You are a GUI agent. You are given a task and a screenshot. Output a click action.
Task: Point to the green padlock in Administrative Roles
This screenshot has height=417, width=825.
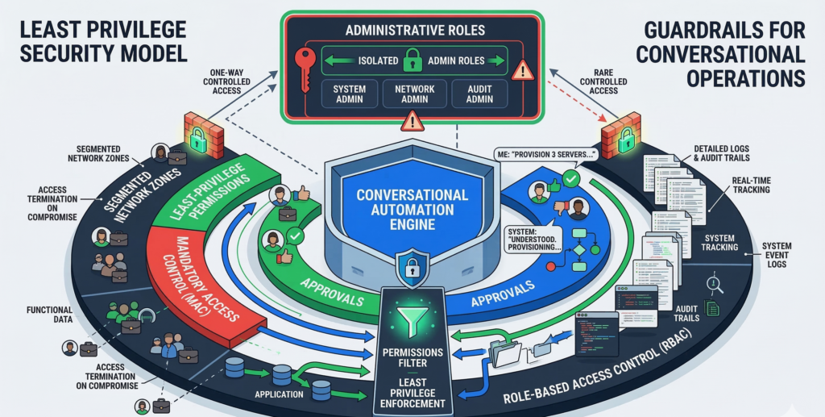click(x=412, y=59)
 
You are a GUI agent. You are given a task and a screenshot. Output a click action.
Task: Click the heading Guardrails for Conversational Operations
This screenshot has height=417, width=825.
click(x=724, y=54)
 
